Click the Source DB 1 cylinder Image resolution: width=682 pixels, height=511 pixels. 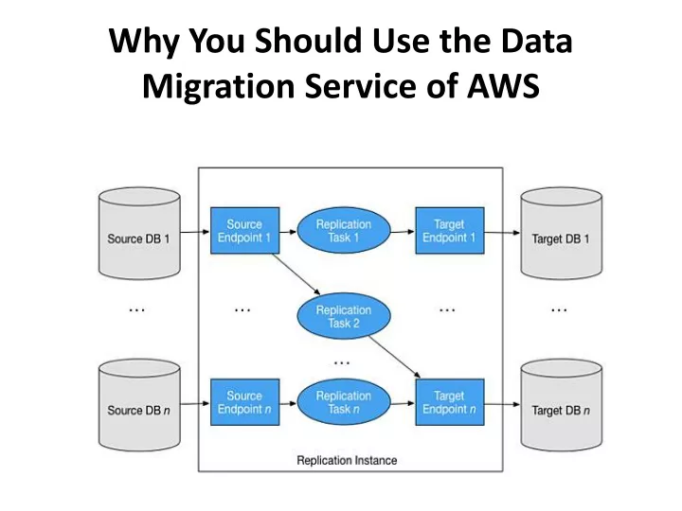[x=139, y=234]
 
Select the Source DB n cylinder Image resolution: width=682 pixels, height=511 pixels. [x=139, y=405]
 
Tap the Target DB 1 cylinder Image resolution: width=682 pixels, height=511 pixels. [x=562, y=234]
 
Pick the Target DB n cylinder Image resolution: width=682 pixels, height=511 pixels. [x=562, y=405]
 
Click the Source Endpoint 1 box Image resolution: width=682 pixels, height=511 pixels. [x=245, y=231]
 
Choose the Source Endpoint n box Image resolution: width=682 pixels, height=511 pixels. [x=245, y=402]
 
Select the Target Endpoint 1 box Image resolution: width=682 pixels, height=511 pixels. [x=450, y=231]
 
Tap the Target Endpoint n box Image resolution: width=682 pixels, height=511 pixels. [x=450, y=402]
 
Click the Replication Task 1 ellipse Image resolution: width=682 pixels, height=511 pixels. [x=344, y=230]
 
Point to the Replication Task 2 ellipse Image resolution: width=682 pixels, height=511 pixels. [x=344, y=316]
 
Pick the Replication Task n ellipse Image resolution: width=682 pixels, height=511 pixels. [x=344, y=402]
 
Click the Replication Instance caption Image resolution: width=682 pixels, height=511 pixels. [x=347, y=460]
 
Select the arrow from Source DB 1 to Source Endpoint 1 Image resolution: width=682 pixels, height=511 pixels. [x=195, y=232]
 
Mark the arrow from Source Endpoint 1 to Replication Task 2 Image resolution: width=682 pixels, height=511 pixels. [x=296, y=274]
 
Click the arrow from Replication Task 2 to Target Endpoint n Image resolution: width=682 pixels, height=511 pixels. [x=394, y=357]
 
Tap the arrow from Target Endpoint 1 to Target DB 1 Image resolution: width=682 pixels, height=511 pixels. [x=502, y=233]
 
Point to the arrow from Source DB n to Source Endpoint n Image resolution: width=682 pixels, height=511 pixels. [x=195, y=404]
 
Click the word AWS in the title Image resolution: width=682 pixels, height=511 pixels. [x=503, y=85]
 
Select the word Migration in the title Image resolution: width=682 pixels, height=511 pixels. [x=219, y=87]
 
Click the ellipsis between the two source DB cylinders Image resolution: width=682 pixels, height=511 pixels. [x=137, y=310]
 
